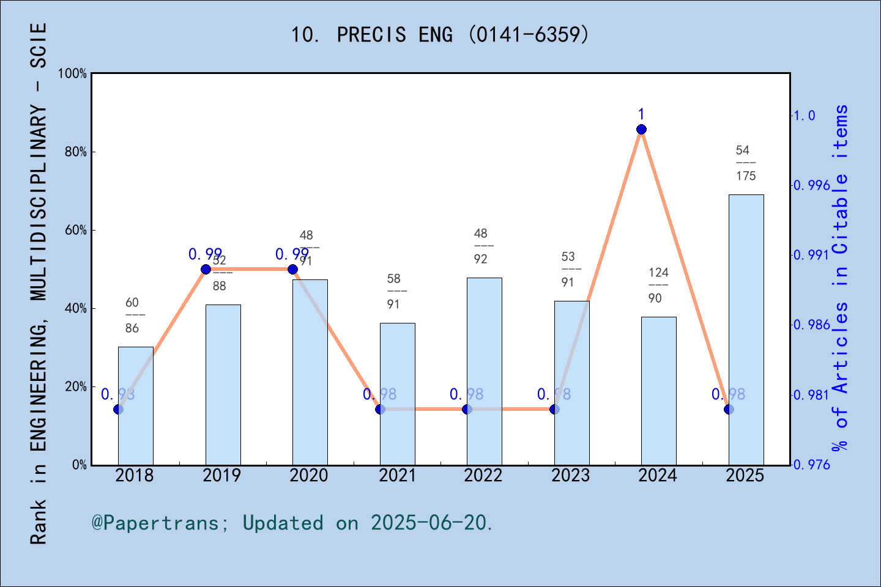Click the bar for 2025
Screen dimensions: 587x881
click(746, 330)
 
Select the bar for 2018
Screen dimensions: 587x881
click(135, 406)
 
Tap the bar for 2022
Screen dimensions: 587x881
click(484, 371)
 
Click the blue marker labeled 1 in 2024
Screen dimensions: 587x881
click(641, 129)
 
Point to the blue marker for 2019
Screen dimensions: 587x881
click(206, 269)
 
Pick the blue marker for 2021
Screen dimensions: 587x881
click(380, 409)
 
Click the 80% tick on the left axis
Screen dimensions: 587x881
click(76, 152)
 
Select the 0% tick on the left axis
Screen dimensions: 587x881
click(80, 465)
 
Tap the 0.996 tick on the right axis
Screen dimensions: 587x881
click(811, 185)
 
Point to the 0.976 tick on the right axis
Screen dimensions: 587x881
click(811, 465)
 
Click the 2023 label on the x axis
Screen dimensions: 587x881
click(570, 476)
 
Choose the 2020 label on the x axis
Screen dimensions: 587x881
click(309, 476)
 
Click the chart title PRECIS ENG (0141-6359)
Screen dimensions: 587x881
click(440, 35)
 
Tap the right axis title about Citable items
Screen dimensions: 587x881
click(841, 278)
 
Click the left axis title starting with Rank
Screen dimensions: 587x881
click(38, 284)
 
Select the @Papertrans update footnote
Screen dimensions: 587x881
click(292, 523)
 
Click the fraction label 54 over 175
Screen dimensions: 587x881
click(745, 163)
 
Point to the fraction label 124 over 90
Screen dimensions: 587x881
click(658, 286)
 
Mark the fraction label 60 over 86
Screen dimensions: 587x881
click(132, 316)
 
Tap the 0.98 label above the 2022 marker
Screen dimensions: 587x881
click(466, 394)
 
